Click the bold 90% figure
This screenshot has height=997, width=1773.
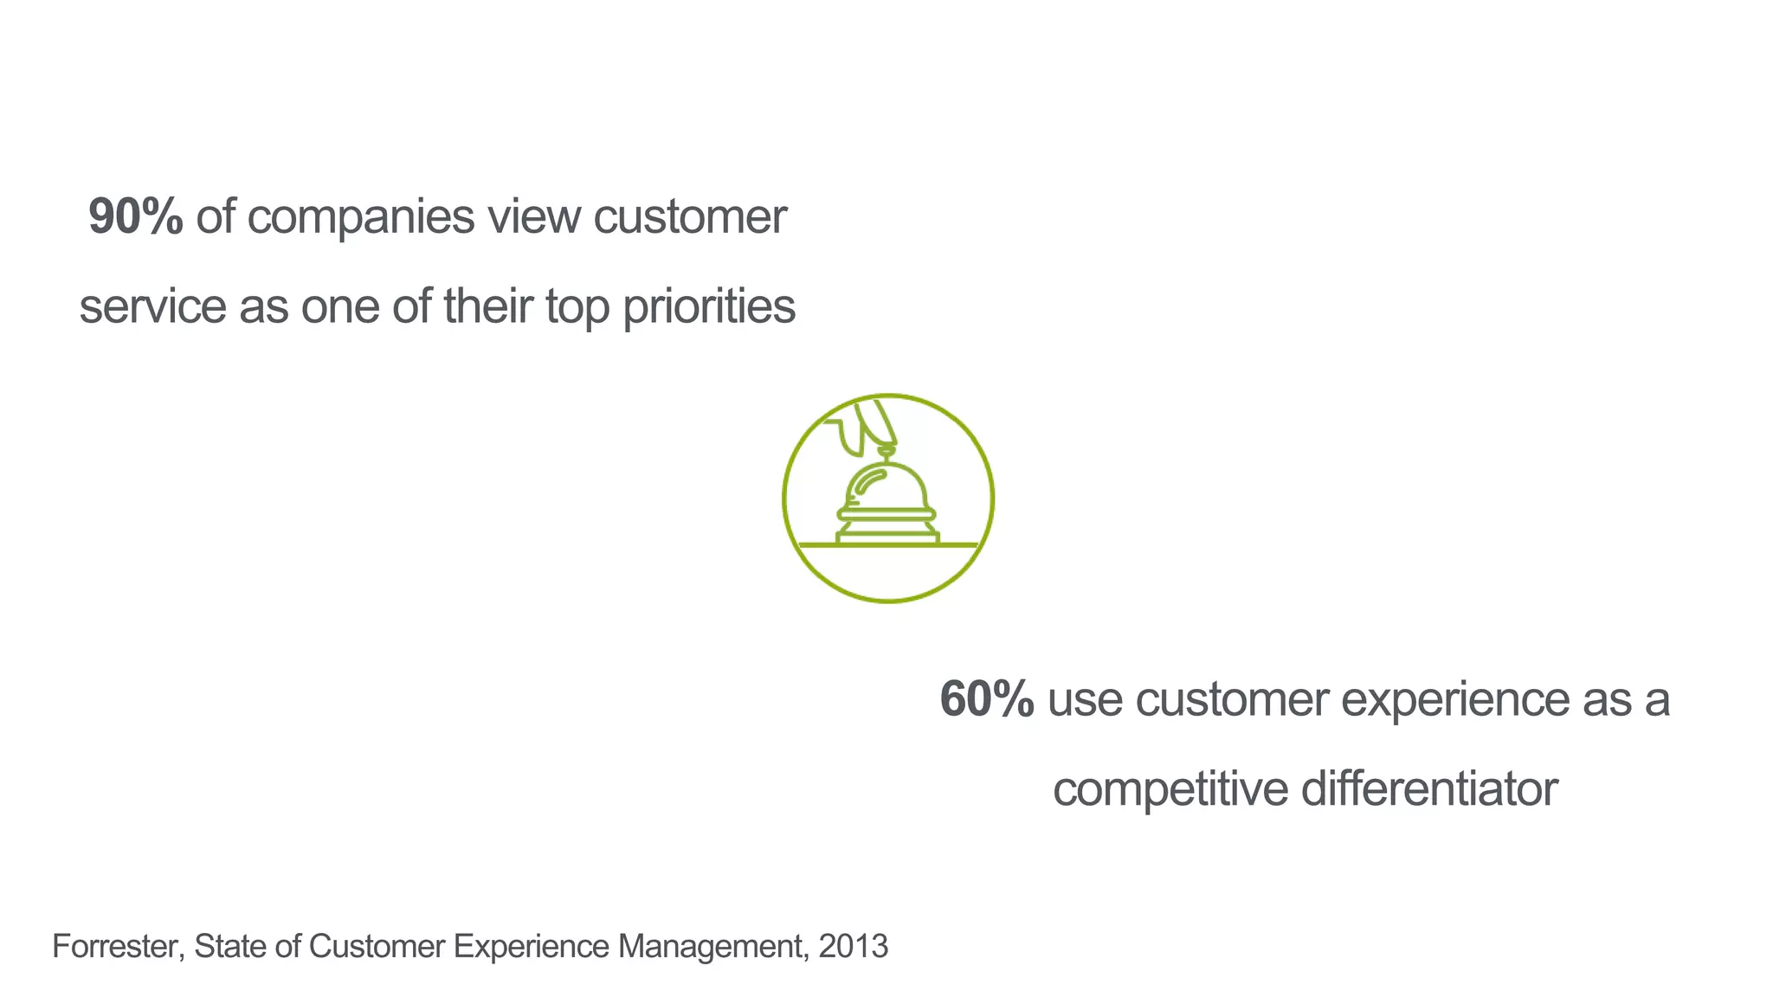point(135,216)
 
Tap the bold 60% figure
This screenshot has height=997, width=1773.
point(986,699)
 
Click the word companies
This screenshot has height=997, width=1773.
point(360,218)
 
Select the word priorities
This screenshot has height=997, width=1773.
point(708,308)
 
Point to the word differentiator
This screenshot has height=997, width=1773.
point(1428,788)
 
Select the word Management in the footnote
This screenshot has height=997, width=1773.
point(712,947)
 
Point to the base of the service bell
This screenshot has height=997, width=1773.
point(887,537)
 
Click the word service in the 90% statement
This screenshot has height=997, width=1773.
point(152,308)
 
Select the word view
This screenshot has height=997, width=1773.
point(533,216)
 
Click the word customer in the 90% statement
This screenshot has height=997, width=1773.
point(689,216)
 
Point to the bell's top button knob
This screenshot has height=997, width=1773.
point(886,451)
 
